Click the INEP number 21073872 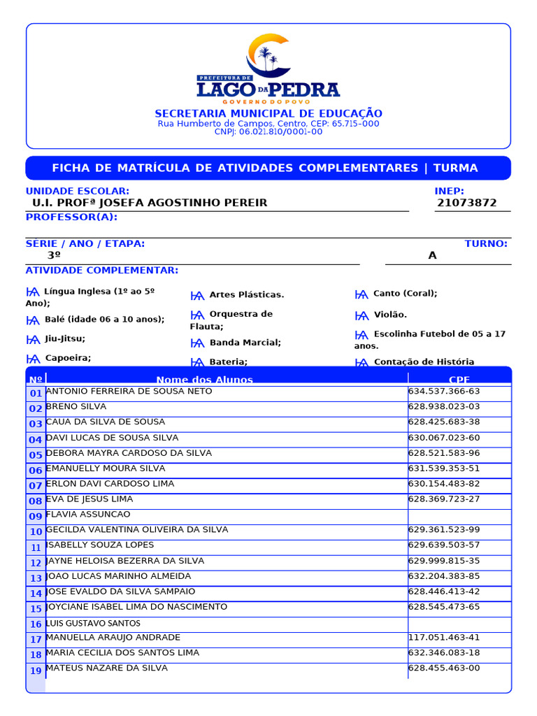click(x=466, y=203)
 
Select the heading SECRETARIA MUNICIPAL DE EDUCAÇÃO click(x=268, y=113)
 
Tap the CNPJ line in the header click(x=268, y=132)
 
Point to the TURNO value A click(x=432, y=256)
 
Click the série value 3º click(x=54, y=256)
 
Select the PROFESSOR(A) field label click(x=71, y=217)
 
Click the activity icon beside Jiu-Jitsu click(x=33, y=339)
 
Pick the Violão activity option click(x=390, y=315)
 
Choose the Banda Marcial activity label click(x=245, y=343)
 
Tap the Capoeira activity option click(x=68, y=358)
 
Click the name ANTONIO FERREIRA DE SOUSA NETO click(x=129, y=392)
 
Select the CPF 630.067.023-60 click(x=444, y=438)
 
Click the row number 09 click(x=36, y=517)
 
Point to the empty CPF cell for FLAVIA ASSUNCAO click(x=459, y=515)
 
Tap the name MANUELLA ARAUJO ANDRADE click(x=113, y=638)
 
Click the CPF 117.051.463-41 click(x=444, y=638)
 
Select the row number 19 click(x=36, y=671)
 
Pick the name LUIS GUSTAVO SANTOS click(x=93, y=623)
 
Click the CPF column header click(x=459, y=380)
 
